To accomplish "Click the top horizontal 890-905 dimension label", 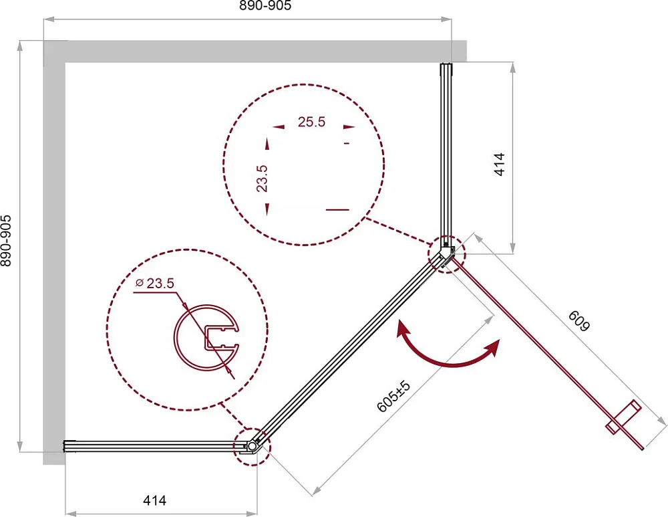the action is pyautogui.click(x=265, y=5).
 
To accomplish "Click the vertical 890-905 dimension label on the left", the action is pyautogui.click(x=6, y=241).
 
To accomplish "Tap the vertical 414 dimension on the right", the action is pyautogui.click(x=499, y=165).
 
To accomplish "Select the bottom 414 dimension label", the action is pyautogui.click(x=155, y=500).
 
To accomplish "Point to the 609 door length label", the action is pyautogui.click(x=579, y=320).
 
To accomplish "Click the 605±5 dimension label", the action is pyautogui.click(x=393, y=397).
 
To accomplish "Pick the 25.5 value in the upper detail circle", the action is pyautogui.click(x=311, y=122).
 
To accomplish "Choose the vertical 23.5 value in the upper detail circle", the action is pyautogui.click(x=262, y=179).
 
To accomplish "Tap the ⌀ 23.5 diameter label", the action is pyautogui.click(x=155, y=283).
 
